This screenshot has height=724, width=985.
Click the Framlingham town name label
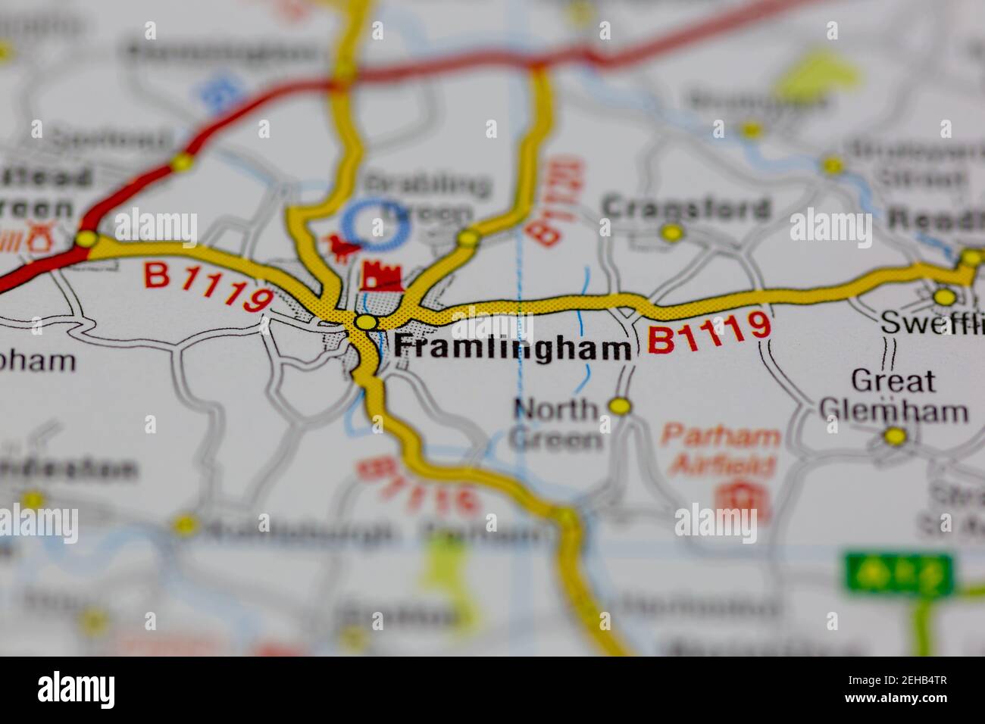513,348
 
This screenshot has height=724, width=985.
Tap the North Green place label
557,423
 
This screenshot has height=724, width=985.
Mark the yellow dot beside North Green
621,407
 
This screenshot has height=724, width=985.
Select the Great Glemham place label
893,395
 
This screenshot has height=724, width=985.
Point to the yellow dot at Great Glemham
896,436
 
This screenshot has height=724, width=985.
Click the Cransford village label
686,208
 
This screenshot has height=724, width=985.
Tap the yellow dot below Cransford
671,233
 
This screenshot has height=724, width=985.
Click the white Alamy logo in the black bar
77,690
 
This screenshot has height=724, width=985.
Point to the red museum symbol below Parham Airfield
736,496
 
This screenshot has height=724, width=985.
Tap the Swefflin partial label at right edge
932,323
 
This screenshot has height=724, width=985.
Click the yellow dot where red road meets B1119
86,240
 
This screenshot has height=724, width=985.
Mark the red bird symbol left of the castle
339,246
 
